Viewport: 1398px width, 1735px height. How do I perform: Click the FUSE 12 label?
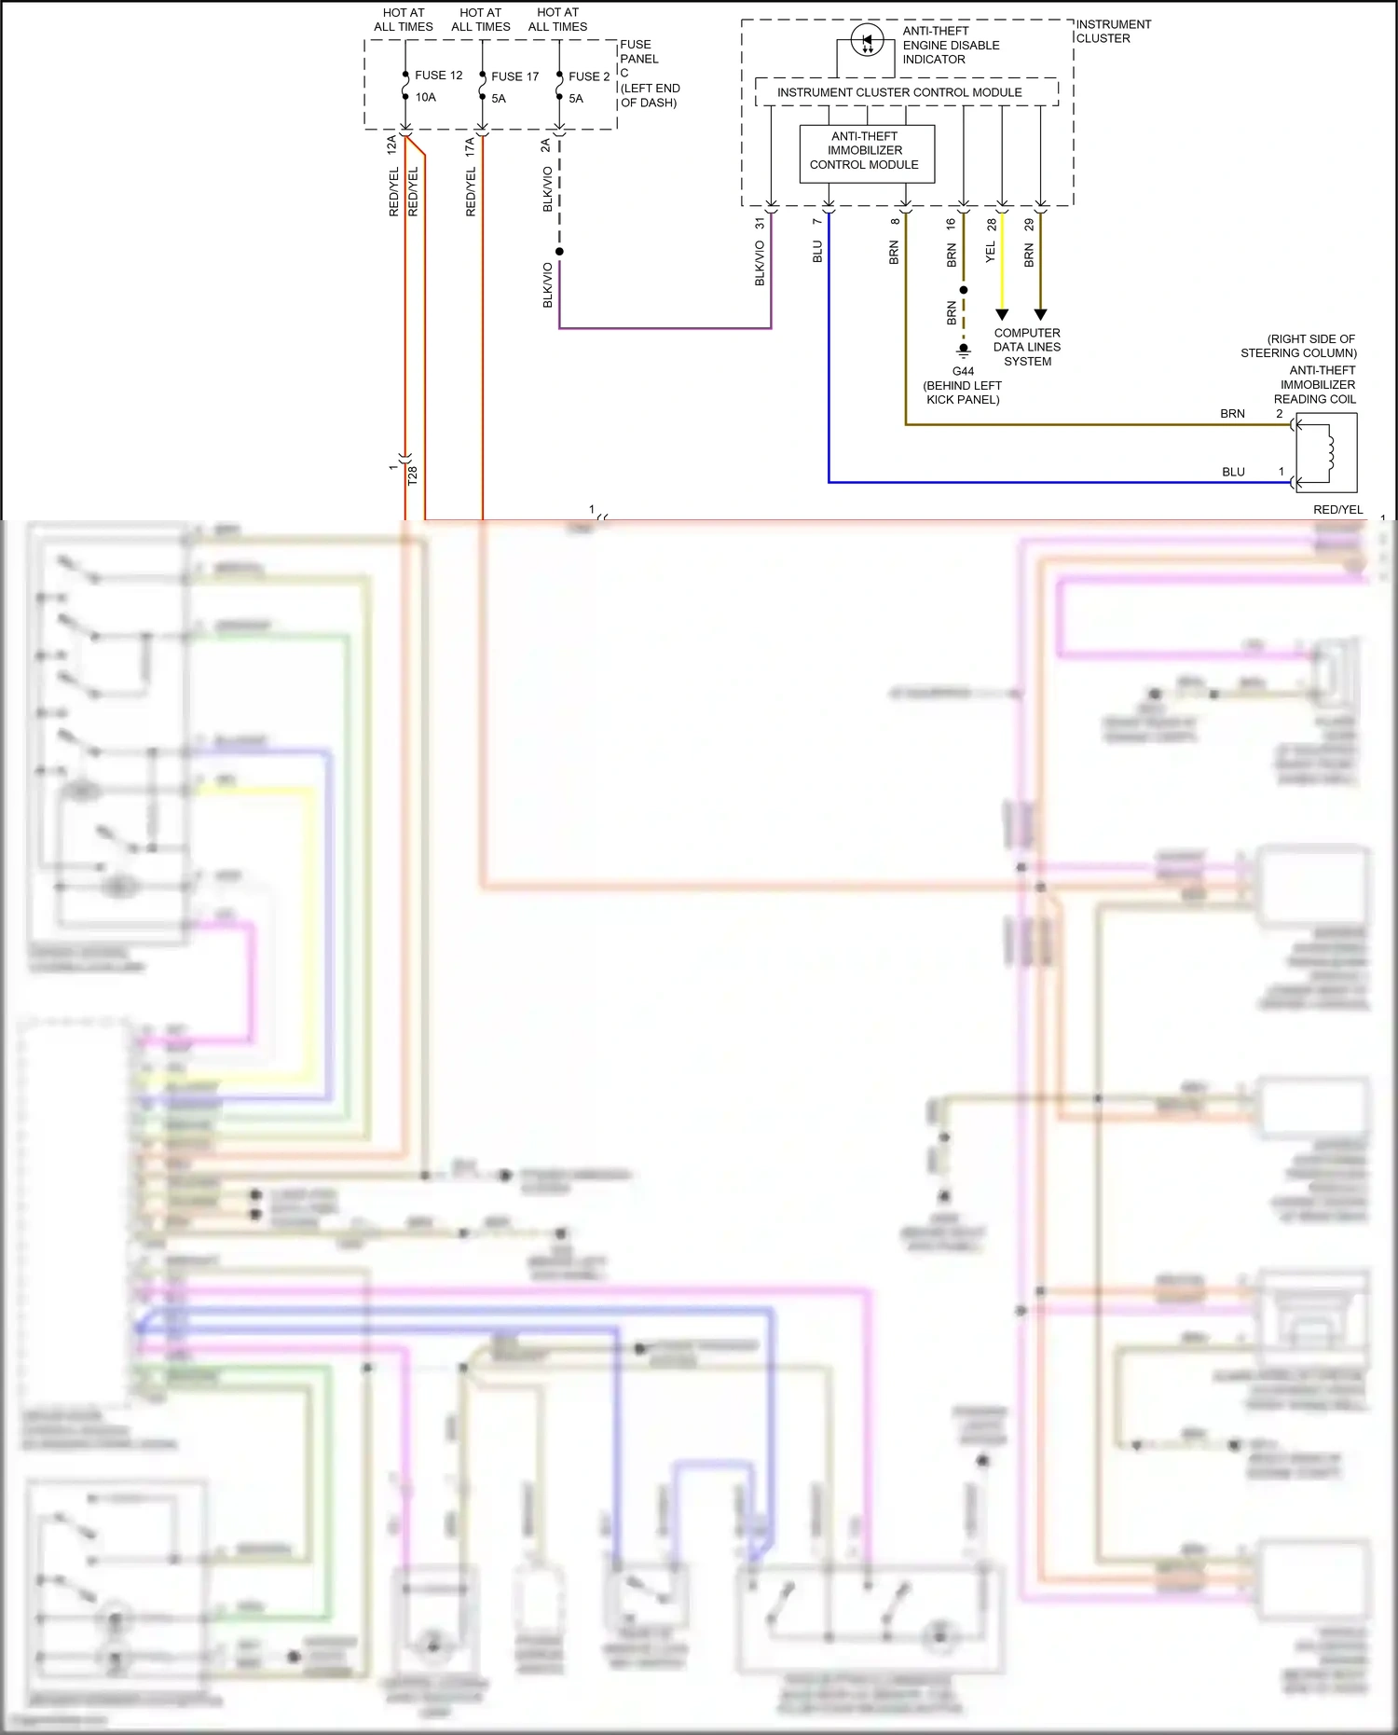click(438, 76)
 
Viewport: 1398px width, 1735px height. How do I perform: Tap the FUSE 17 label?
click(514, 76)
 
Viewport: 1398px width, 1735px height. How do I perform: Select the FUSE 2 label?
click(589, 76)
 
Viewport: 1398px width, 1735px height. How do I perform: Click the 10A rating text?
click(426, 97)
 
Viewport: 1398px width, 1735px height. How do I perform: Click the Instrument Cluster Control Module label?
click(899, 92)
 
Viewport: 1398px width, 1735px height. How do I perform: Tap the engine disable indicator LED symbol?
click(868, 40)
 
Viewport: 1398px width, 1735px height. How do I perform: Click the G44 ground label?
click(963, 371)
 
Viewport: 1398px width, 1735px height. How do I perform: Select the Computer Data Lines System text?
click(1027, 347)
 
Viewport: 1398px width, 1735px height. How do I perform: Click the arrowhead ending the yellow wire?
click(1002, 314)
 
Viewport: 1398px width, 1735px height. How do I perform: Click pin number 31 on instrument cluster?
click(760, 224)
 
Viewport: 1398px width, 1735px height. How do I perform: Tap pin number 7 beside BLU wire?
click(817, 222)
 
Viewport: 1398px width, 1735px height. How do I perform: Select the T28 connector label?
click(413, 475)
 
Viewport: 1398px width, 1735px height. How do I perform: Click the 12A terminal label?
click(392, 145)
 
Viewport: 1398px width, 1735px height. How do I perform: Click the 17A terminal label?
click(470, 145)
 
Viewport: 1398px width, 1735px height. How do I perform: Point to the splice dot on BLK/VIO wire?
click(559, 252)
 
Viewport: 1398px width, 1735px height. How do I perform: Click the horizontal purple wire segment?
click(665, 328)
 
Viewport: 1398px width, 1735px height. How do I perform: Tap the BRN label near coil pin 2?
click(1232, 414)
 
